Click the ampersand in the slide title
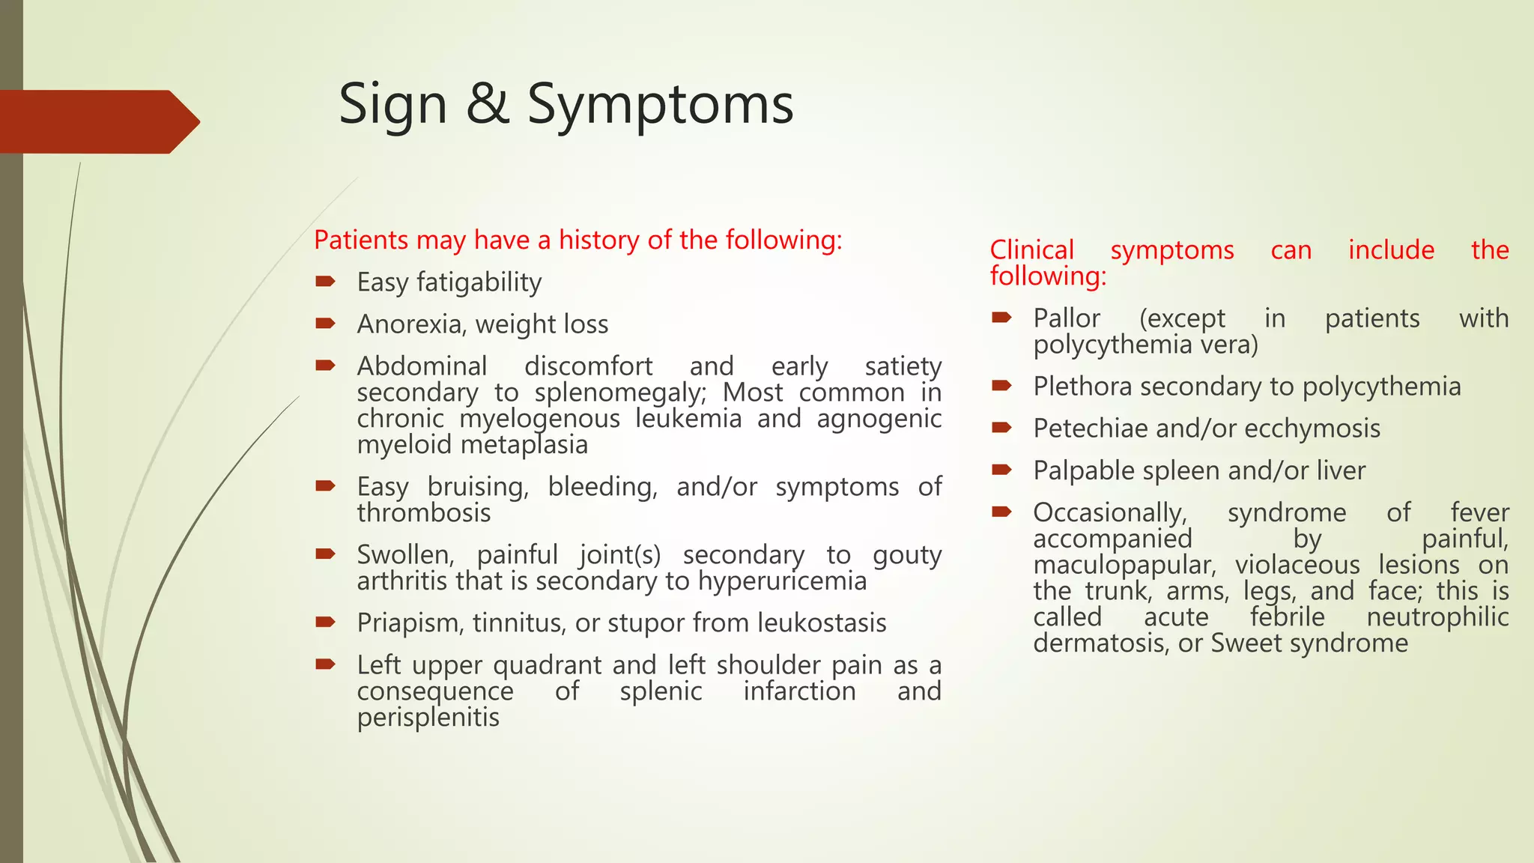click(487, 104)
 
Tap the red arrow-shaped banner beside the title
click(97, 121)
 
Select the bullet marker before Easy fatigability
click(324, 282)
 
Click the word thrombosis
click(424, 513)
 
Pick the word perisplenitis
click(428, 718)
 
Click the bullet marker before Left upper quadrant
click(324, 664)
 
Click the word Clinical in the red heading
click(1031, 250)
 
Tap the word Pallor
click(1066, 318)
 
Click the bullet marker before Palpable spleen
click(1001, 470)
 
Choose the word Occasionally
click(1110, 513)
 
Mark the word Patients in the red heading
click(361, 240)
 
